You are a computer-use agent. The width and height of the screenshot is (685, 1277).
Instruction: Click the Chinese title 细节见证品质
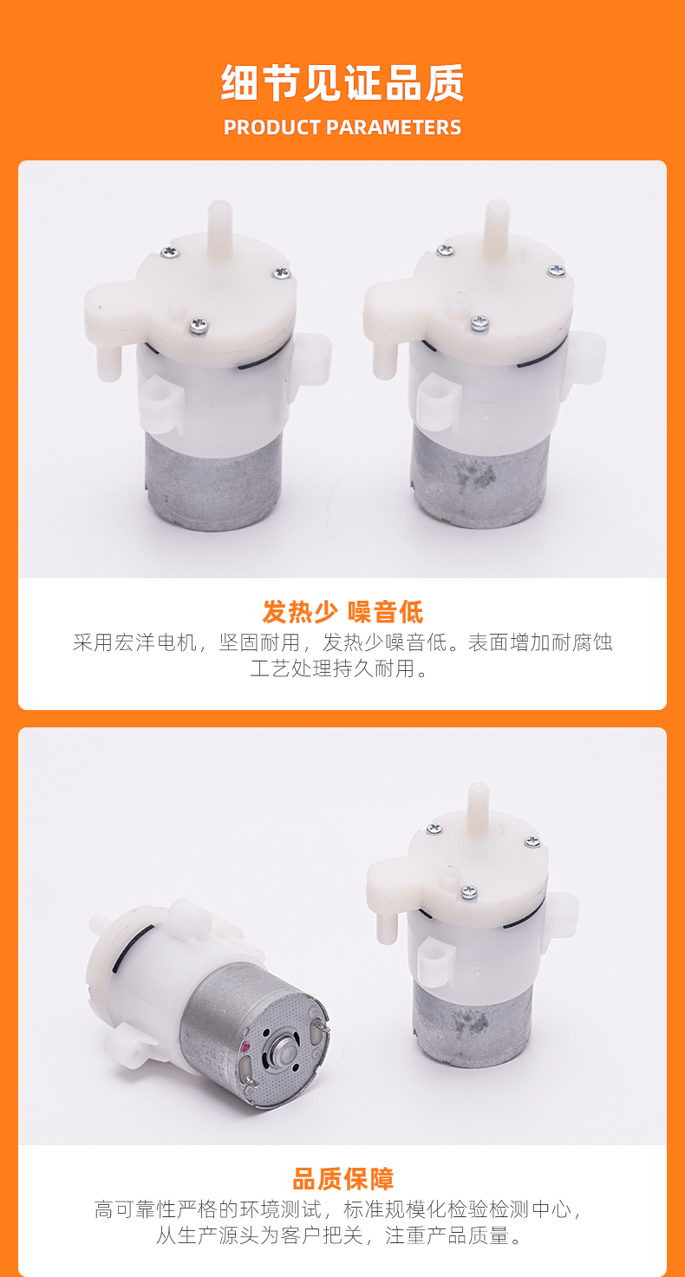point(342,83)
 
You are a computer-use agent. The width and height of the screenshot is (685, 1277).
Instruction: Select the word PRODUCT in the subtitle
point(272,127)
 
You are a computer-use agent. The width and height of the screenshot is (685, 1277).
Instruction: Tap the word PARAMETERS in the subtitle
point(394,127)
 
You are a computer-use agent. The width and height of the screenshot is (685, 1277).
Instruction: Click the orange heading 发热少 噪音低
point(342,612)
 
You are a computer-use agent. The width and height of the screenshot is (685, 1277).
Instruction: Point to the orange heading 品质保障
point(342,1179)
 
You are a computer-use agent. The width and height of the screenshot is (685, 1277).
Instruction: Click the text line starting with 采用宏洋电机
point(342,642)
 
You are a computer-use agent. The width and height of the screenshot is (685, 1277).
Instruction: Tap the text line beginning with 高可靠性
point(339,1209)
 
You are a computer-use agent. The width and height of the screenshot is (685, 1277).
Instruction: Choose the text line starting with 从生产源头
point(339,1235)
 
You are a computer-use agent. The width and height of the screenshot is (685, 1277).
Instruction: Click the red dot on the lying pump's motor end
point(246,1046)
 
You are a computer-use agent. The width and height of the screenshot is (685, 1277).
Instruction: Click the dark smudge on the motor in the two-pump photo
point(474,474)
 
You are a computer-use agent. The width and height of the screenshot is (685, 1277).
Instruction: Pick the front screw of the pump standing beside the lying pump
point(469,891)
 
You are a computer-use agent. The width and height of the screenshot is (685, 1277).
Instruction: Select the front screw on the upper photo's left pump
point(199,326)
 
